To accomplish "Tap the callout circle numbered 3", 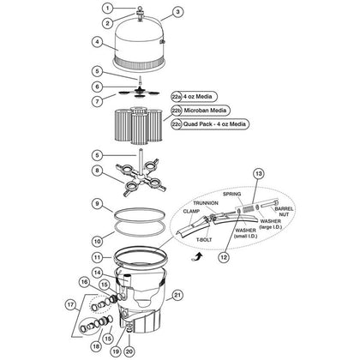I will (178, 12).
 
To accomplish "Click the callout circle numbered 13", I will (330, 175).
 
